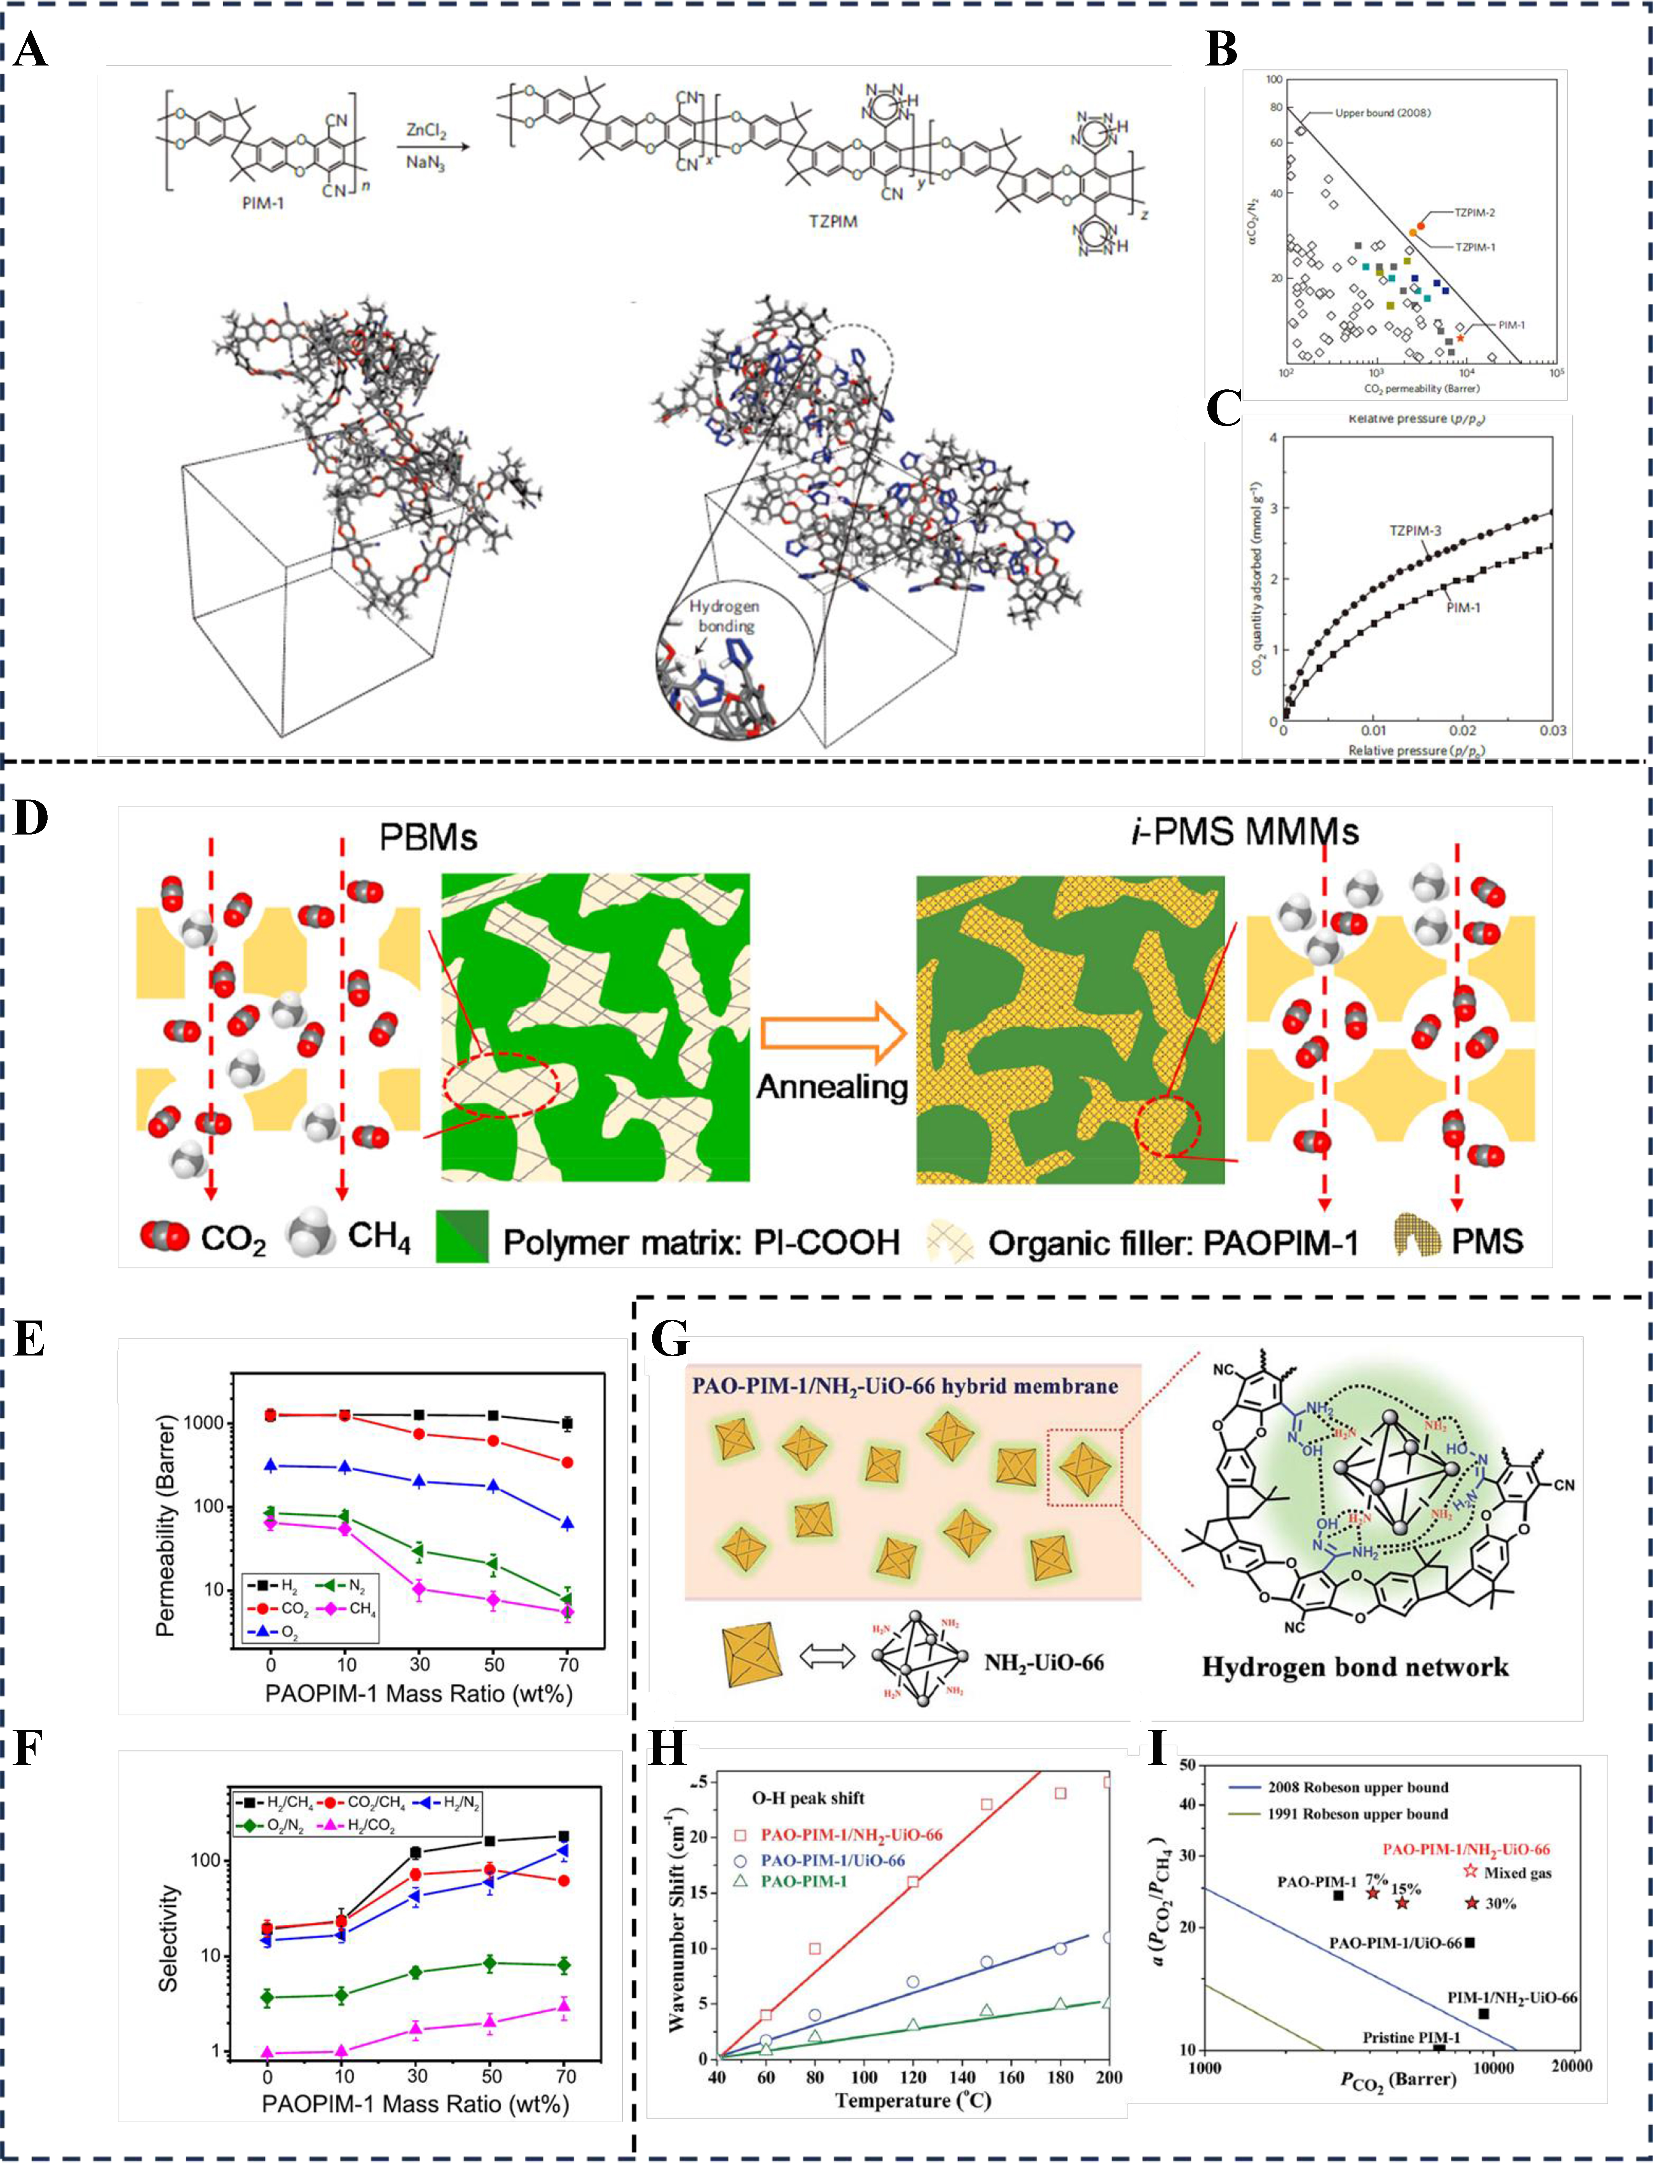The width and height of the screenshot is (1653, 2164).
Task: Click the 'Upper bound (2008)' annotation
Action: click(1382, 113)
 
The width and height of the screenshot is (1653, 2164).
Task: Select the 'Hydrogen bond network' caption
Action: click(1355, 1667)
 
